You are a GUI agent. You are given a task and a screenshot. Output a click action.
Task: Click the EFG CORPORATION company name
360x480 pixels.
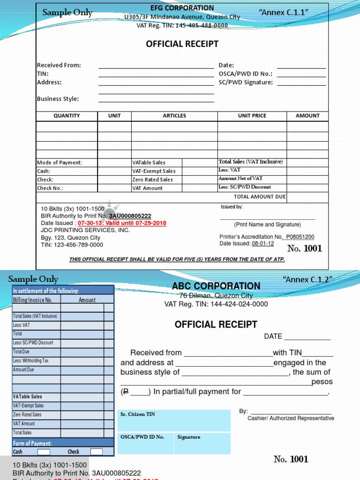pyautogui.click(x=182, y=8)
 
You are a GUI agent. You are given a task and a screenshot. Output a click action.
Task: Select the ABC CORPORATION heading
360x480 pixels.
pyautogui.click(x=216, y=286)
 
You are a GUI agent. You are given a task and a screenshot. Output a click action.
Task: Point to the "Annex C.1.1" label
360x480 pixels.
pyautogui.click(x=283, y=12)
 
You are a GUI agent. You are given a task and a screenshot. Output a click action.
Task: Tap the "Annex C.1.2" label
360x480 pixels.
pyautogui.click(x=307, y=279)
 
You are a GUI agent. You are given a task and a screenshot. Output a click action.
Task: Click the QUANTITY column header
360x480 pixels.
pyautogui.click(x=67, y=116)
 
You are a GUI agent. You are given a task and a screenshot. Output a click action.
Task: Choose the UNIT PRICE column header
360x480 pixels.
pyautogui.click(x=252, y=116)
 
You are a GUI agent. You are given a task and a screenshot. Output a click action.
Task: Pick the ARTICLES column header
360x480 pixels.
pyautogui.click(x=174, y=116)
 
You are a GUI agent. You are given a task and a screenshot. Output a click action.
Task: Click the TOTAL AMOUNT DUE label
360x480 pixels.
pyautogui.click(x=260, y=197)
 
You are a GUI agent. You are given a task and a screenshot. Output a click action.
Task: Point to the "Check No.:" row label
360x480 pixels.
pyautogui.click(x=50, y=188)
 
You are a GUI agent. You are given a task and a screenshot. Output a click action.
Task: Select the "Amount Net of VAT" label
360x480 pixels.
pyautogui.click(x=240, y=179)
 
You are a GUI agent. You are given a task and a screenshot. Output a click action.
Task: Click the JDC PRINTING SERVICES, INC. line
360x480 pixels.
pyautogui.click(x=85, y=230)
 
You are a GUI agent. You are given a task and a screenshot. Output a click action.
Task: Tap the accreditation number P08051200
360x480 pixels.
pyautogui.click(x=300, y=237)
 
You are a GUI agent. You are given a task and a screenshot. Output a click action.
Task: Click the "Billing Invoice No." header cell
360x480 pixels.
pyautogui.click(x=33, y=300)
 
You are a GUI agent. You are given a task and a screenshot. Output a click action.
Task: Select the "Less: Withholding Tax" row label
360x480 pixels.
pyautogui.click(x=30, y=361)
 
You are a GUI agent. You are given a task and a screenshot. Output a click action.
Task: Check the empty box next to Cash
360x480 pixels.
pyautogui.click(x=44, y=452)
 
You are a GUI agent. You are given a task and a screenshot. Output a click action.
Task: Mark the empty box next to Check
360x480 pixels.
pyautogui.click(x=96, y=452)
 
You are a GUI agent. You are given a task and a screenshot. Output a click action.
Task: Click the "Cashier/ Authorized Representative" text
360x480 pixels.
pyautogui.click(x=291, y=418)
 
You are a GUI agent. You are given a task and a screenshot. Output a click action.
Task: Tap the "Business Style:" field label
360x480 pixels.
pyautogui.click(x=58, y=99)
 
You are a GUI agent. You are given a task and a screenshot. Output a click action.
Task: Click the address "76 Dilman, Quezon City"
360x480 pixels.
pyautogui.click(x=216, y=296)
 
